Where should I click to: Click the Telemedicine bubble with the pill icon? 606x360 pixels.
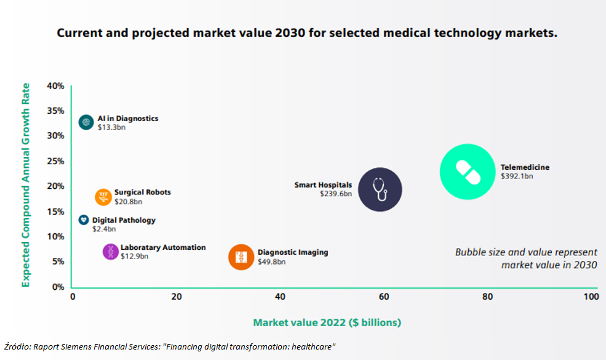pyautogui.click(x=468, y=172)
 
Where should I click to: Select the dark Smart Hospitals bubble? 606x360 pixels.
pyautogui.click(x=380, y=190)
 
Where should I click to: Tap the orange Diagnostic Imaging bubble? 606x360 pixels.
pyautogui.click(x=241, y=257)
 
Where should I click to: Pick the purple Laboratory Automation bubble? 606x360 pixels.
pyautogui.click(x=111, y=252)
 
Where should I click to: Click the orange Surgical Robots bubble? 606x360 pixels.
pyautogui.click(x=103, y=197)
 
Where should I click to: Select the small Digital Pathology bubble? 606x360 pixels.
pyautogui.click(x=84, y=220)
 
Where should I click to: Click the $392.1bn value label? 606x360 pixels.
pyautogui.click(x=517, y=176)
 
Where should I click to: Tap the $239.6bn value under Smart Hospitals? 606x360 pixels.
pyautogui.click(x=335, y=194)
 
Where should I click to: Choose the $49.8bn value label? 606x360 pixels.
pyautogui.click(x=271, y=262)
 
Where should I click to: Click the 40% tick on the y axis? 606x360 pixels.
pyautogui.click(x=55, y=86)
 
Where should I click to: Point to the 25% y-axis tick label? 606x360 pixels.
pyautogui.click(x=55, y=161)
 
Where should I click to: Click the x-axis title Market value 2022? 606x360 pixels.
pyautogui.click(x=327, y=322)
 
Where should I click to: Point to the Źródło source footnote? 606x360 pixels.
pyautogui.click(x=170, y=347)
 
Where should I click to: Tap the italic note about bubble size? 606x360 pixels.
pyautogui.click(x=525, y=258)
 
